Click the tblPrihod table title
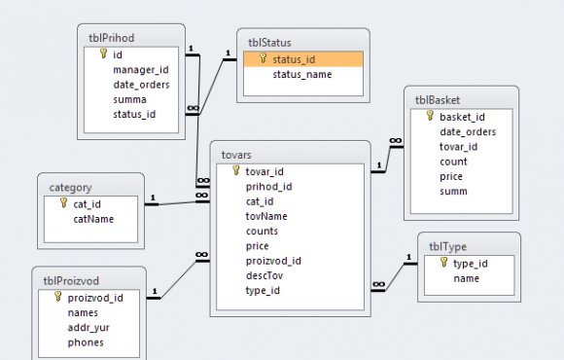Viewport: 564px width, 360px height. pyautogui.click(x=111, y=38)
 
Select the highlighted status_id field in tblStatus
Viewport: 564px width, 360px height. pyautogui.click(x=294, y=59)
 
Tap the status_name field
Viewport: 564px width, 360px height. pyautogui.click(x=302, y=75)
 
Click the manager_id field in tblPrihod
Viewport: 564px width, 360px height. pyautogui.click(x=141, y=70)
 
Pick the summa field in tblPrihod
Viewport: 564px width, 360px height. pyautogui.click(x=129, y=99)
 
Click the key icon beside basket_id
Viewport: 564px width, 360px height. pyautogui.click(x=430, y=115)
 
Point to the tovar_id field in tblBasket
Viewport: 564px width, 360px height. pyautogui.click(x=458, y=147)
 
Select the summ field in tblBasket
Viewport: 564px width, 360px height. pyautogui.click(x=453, y=191)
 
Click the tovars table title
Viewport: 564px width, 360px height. pyautogui.click(x=236, y=155)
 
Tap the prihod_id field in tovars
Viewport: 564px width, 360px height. pyautogui.click(x=268, y=187)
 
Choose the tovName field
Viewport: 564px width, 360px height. pyautogui.click(x=266, y=216)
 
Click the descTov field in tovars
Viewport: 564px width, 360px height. pyautogui.click(x=264, y=275)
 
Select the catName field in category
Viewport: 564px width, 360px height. pyautogui.click(x=93, y=219)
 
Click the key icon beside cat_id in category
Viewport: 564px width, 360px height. pyautogui.click(x=63, y=202)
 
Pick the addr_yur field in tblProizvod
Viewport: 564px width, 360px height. pyautogui.click(x=88, y=328)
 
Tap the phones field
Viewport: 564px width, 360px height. pyautogui.click(x=86, y=342)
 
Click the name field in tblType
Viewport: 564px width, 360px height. pyautogui.click(x=466, y=278)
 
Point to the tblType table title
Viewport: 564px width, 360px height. pyautogui.click(x=448, y=246)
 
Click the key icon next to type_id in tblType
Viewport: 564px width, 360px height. pyautogui.click(x=443, y=262)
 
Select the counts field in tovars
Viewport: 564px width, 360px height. pyautogui.click(x=262, y=232)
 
